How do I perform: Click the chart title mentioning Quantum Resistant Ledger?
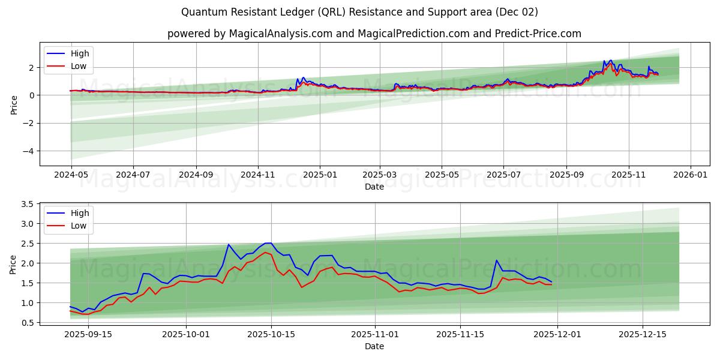359,12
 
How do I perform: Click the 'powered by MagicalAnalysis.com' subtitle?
374,34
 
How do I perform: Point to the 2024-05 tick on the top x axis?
71,175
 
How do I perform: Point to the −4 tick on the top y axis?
28,151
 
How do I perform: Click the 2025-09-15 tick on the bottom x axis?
88,334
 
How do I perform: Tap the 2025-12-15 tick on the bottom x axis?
643,334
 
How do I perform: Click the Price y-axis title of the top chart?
14,104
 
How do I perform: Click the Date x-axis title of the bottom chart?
374,346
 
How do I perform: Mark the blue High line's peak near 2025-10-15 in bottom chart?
268,243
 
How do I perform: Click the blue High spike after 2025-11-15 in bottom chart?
496,260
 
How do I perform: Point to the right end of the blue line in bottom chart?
551,281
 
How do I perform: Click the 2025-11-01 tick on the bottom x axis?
374,334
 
